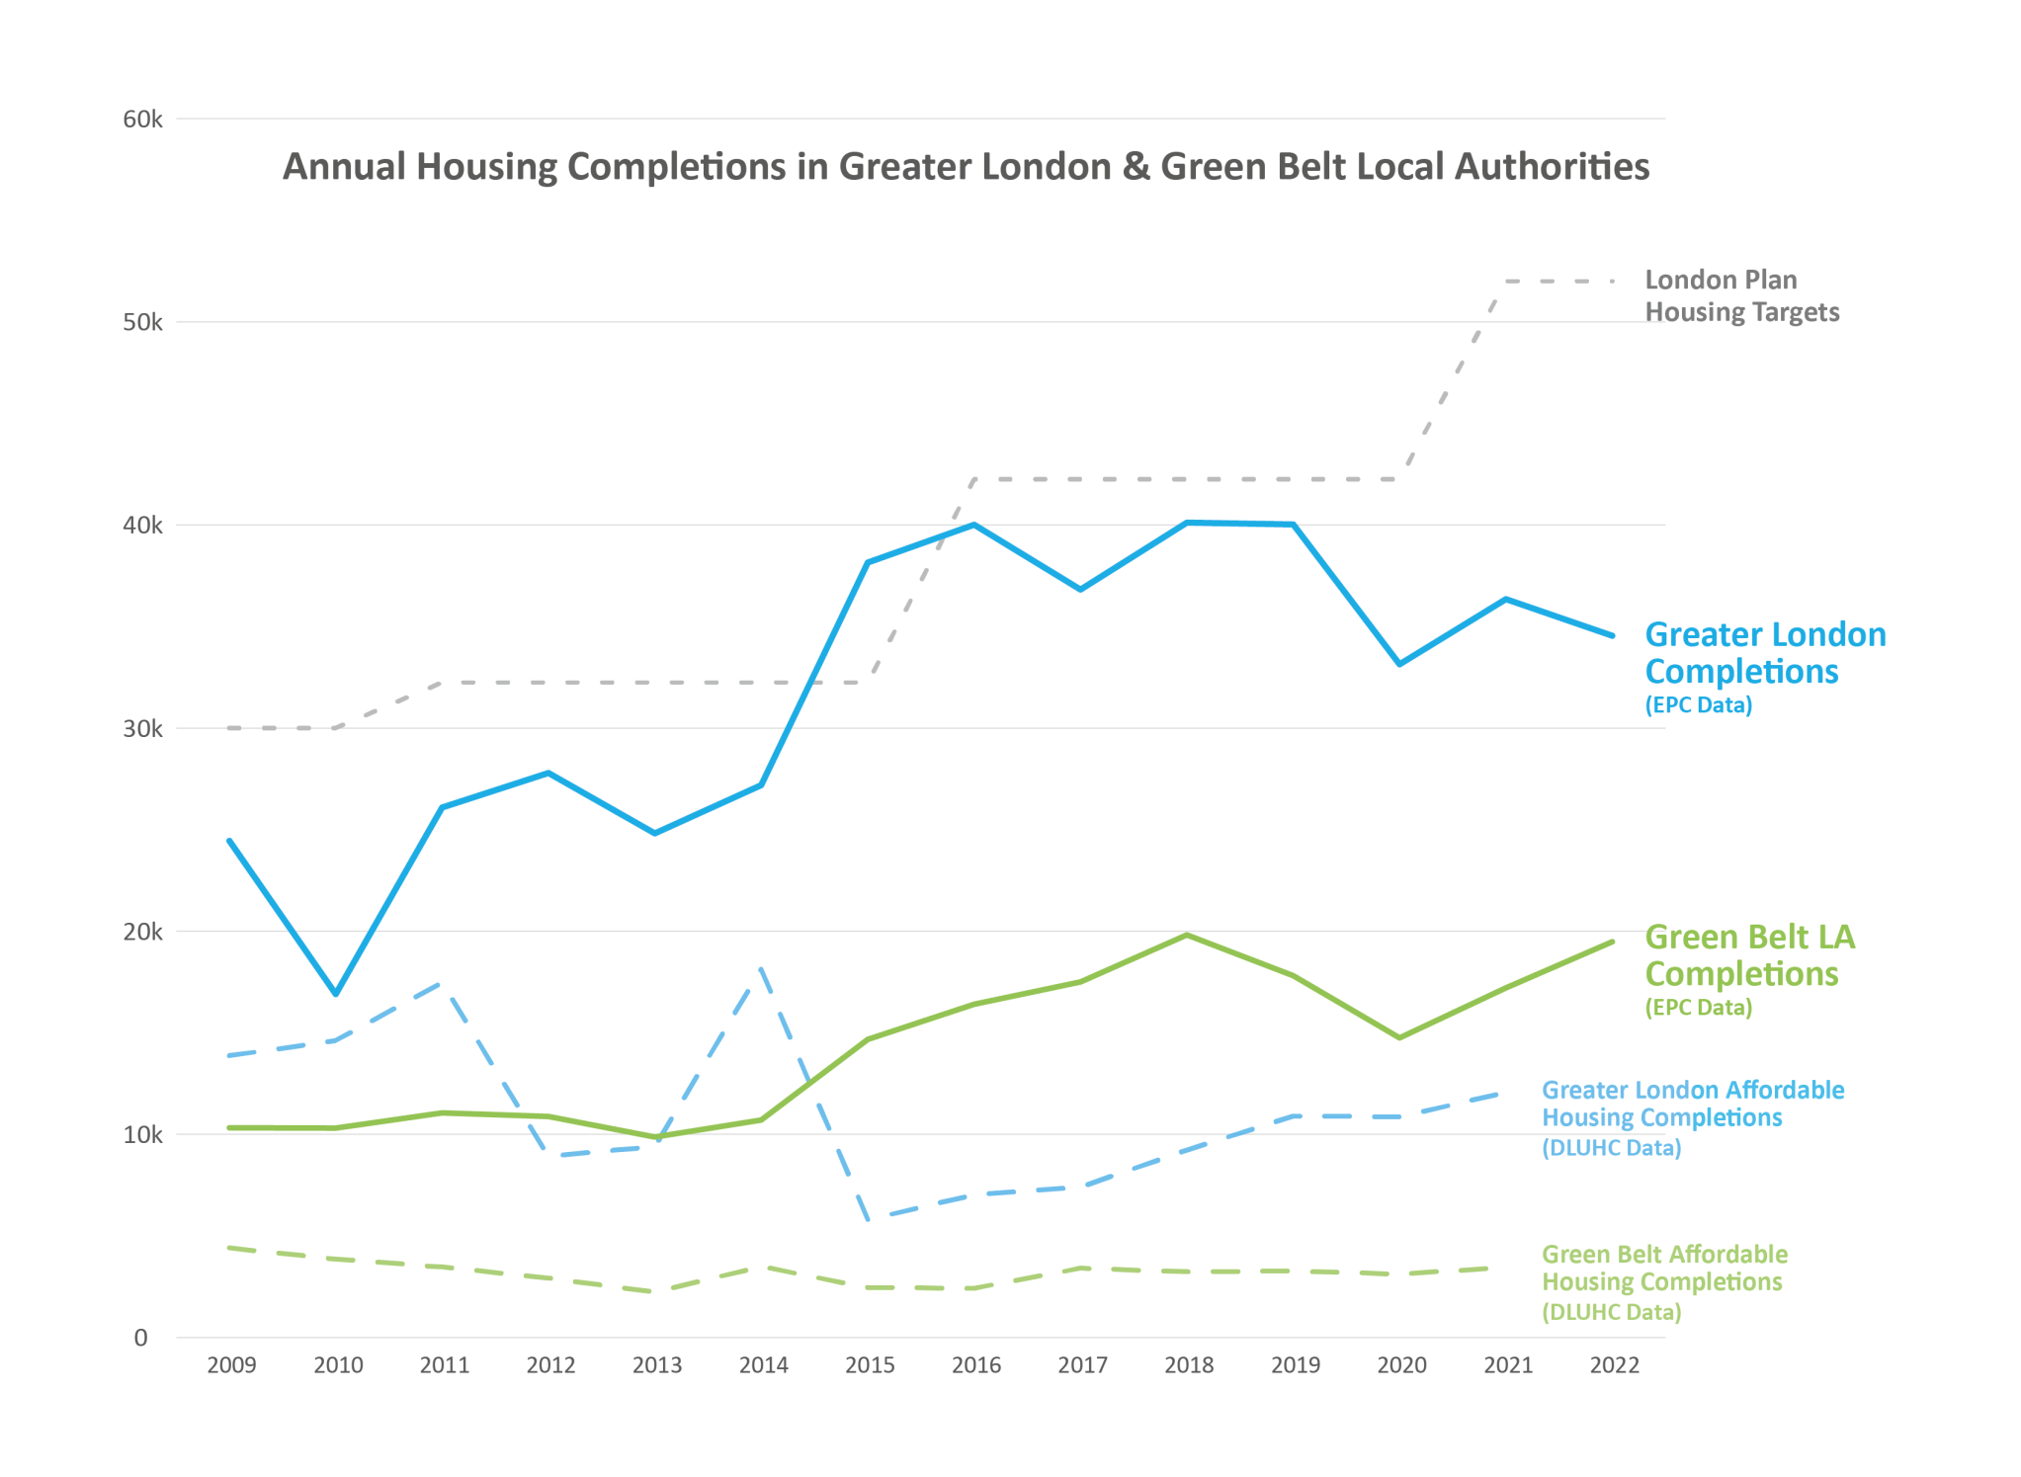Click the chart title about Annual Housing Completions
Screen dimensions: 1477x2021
966,167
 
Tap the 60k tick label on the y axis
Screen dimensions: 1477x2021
142,120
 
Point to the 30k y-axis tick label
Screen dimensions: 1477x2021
142,729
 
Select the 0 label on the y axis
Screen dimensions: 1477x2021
140,1338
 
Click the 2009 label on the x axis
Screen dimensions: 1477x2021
231,1365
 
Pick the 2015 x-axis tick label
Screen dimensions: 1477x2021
870,1365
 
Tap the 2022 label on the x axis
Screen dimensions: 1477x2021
1614,1365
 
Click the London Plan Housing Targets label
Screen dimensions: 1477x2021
1741,295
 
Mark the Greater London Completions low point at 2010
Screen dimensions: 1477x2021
336,993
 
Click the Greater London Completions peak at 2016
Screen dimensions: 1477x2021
974,525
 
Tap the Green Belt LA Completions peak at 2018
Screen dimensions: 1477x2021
1187,935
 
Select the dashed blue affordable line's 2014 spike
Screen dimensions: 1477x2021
761,970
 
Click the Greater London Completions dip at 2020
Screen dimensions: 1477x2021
1399,664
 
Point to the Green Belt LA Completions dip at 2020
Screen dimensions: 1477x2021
1399,1037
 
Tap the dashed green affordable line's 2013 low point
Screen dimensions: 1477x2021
656,1291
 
